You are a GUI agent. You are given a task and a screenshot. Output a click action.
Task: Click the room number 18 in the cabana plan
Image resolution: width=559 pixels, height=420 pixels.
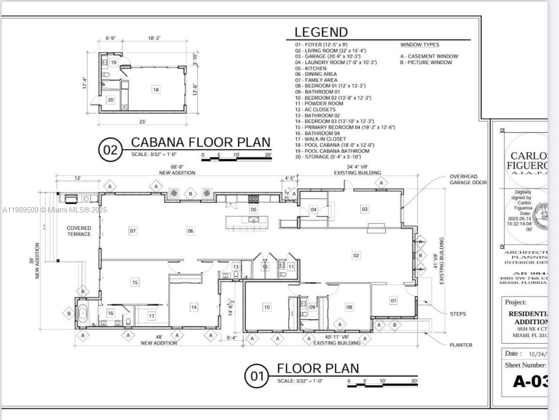[x=156, y=89]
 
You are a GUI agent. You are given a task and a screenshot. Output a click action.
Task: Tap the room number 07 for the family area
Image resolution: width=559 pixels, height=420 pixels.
[x=133, y=231]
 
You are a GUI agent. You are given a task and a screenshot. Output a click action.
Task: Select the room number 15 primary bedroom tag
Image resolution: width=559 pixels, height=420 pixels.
[x=135, y=282]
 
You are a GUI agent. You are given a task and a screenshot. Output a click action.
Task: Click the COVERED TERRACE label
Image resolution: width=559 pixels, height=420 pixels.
[x=79, y=231]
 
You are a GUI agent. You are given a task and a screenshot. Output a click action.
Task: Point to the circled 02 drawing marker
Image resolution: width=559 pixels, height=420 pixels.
[x=110, y=150]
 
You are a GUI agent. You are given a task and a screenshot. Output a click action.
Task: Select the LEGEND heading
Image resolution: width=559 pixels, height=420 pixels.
[x=321, y=33]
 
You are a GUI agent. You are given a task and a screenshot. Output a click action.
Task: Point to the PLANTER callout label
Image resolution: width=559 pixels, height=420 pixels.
[x=461, y=345]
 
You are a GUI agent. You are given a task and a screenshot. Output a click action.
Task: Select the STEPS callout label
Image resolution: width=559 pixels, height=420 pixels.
[x=457, y=314]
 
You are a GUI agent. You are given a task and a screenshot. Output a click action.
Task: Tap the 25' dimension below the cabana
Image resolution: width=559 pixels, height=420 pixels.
[x=142, y=122]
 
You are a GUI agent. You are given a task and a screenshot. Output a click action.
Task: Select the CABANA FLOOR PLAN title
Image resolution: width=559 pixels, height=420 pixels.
[x=201, y=142]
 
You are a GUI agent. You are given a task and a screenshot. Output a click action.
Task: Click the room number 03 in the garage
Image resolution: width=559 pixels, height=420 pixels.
[x=365, y=209]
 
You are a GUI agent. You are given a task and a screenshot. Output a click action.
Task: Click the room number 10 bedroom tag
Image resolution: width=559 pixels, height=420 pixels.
[x=267, y=307]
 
